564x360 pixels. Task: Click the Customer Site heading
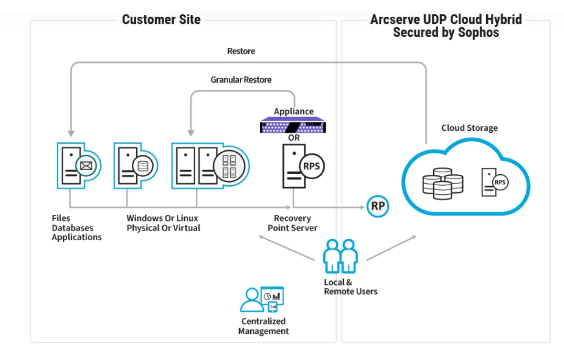161,20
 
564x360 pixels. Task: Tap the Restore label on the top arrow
241,51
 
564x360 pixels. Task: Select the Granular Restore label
241,80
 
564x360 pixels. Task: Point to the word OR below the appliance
294,138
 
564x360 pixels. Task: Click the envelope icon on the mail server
86,166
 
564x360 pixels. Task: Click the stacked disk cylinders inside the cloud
443,183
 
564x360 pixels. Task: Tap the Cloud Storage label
469,128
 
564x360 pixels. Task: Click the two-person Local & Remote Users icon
340,256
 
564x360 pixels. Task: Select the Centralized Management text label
263,326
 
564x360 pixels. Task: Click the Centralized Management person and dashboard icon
262,299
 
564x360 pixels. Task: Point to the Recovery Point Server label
292,223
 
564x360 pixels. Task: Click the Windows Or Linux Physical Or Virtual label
163,223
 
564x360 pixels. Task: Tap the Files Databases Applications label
76,228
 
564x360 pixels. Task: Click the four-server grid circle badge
229,166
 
